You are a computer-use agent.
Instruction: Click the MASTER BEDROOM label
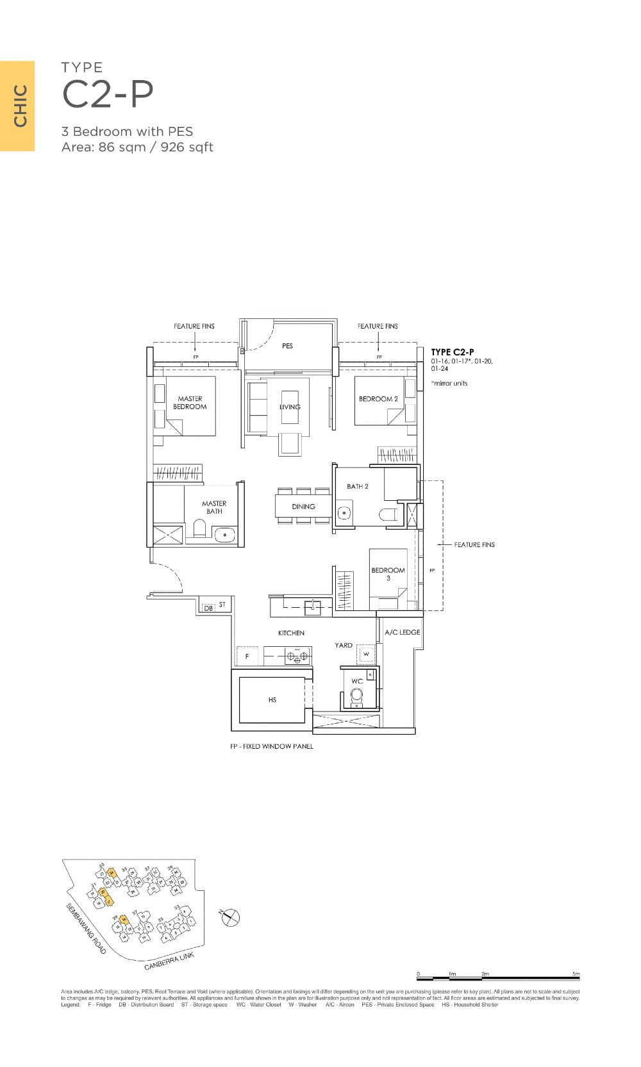[190, 402]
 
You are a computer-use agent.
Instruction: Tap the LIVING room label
[290, 407]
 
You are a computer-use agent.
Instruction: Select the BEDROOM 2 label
[378, 398]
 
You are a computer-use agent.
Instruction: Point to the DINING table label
[303, 506]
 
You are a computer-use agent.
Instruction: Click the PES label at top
[287, 346]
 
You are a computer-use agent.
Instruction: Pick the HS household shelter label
[272, 700]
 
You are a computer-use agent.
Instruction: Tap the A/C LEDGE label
[402, 632]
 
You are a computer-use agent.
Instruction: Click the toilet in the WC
[356, 696]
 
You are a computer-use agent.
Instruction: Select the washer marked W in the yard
[366, 654]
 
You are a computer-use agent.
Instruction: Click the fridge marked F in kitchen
[247, 656]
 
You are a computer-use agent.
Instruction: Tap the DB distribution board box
[208, 608]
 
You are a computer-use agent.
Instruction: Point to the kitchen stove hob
[297, 655]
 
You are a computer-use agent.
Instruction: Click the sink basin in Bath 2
[344, 513]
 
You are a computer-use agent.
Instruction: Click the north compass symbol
[230, 917]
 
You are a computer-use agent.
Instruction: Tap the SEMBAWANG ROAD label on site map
[86, 929]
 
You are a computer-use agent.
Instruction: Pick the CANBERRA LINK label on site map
[169, 961]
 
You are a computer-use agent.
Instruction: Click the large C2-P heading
[108, 95]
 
